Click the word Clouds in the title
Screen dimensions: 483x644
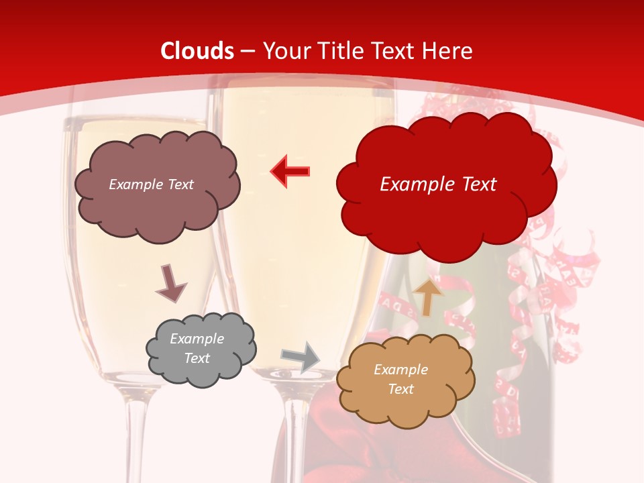[x=197, y=51]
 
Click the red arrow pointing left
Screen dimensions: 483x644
[x=290, y=171]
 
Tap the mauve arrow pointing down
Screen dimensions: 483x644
[x=170, y=284]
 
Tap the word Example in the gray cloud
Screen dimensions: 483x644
[x=197, y=339]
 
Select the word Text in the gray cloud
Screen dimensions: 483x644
[x=197, y=358]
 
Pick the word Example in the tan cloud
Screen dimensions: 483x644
[x=400, y=370]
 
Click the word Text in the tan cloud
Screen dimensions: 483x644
[x=400, y=389]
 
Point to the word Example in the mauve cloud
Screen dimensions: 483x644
[x=133, y=184]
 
